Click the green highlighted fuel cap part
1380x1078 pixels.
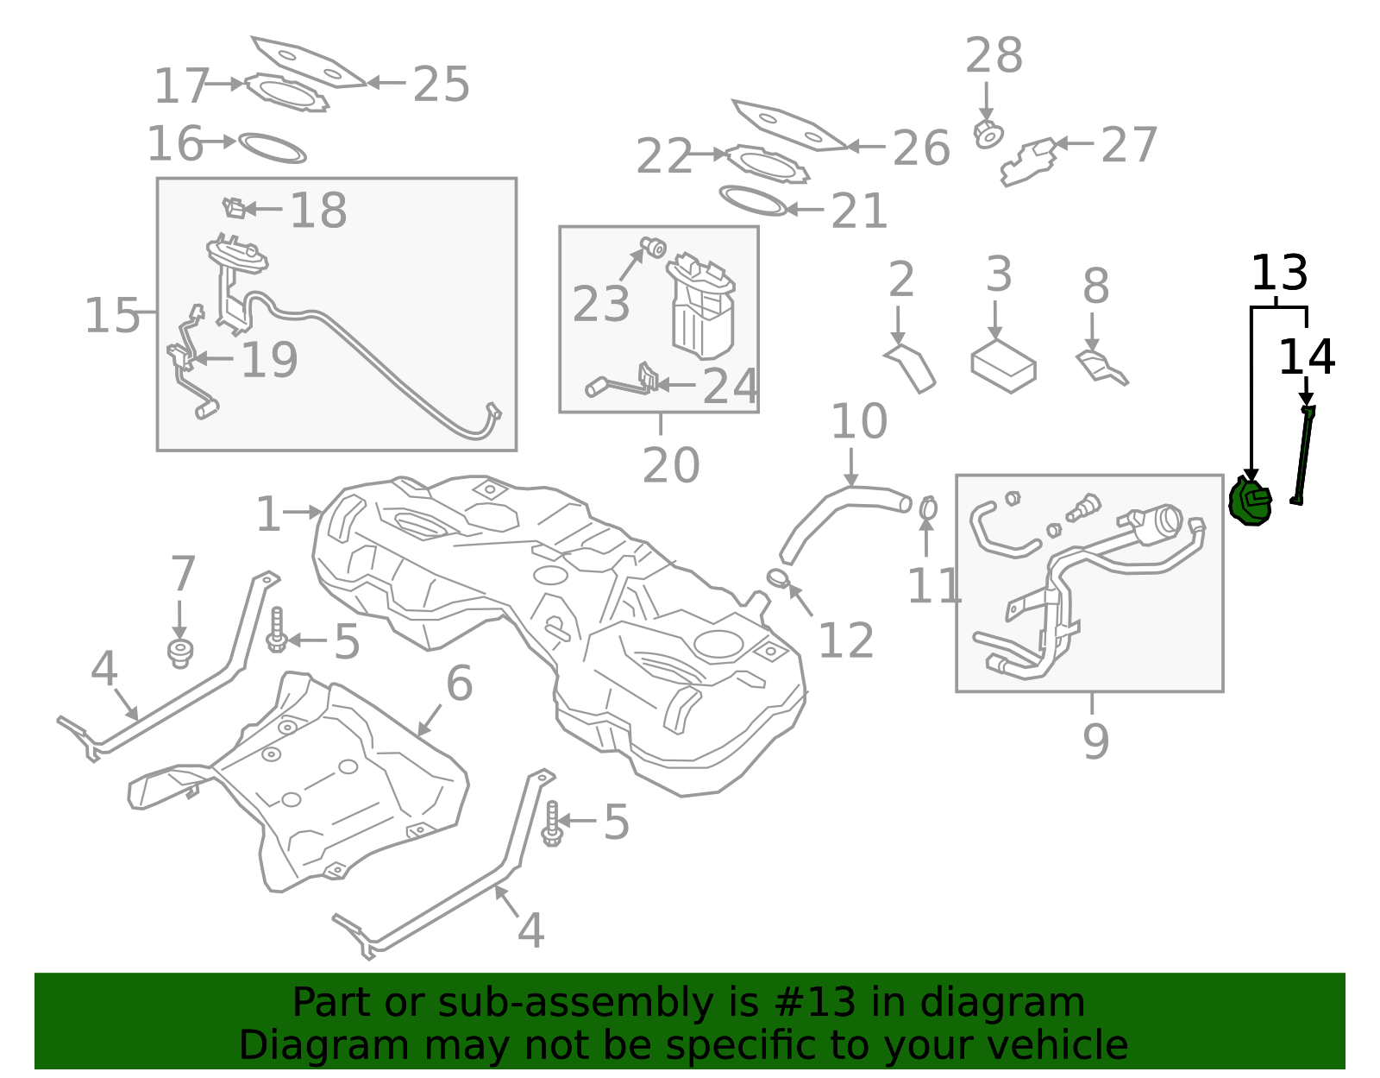click(x=1250, y=503)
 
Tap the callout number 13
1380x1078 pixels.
click(x=1279, y=274)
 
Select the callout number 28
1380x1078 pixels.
click(x=994, y=56)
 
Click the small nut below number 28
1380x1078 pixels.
click(x=988, y=135)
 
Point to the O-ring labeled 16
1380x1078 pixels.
click(x=272, y=148)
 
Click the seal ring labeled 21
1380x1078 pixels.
click(x=753, y=200)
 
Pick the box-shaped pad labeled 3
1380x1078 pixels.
click(x=1003, y=366)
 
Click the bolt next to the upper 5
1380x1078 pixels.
click(x=277, y=631)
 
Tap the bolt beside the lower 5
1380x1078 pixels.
click(x=552, y=823)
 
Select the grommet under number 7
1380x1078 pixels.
click(x=179, y=653)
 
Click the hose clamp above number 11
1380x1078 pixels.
click(x=927, y=508)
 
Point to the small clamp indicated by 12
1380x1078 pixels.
click(x=778, y=577)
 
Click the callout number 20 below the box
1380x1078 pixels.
click(x=671, y=466)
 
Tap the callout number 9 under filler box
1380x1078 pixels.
click(x=1095, y=741)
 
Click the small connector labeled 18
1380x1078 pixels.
click(x=234, y=208)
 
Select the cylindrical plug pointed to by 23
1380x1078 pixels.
click(x=653, y=248)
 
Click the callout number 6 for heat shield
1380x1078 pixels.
click(x=459, y=684)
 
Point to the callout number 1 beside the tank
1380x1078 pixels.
click(x=268, y=514)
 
